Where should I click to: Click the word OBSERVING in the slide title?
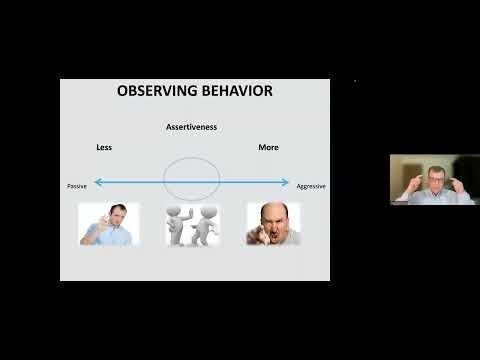point(156,92)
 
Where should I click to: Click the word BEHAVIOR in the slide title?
point(233,92)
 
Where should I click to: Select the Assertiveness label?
point(191,127)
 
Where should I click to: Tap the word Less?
point(104,147)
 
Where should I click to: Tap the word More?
point(268,147)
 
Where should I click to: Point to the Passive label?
point(77,186)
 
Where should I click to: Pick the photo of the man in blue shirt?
point(109,224)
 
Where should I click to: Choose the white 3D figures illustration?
point(193,224)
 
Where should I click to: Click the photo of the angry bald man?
point(273,224)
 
